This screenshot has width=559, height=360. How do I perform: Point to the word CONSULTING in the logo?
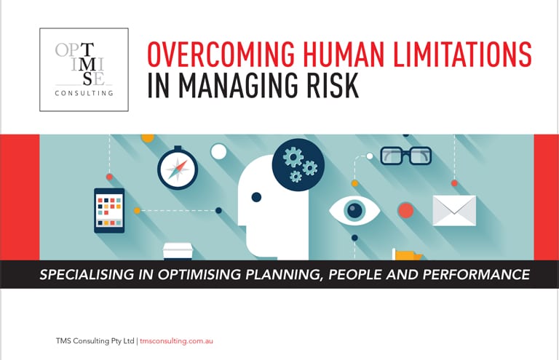pos(84,93)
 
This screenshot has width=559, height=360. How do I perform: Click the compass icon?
pos(178,170)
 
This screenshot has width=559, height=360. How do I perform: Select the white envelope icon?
pos(454,210)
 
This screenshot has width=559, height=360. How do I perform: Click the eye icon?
pos(355,211)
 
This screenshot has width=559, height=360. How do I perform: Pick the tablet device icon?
pos(109,210)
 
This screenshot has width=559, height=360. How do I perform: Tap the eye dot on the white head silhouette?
pos(256,197)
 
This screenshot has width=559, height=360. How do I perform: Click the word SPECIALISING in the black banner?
pos(85,275)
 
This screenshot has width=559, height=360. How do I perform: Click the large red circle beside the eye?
pos(405,211)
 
